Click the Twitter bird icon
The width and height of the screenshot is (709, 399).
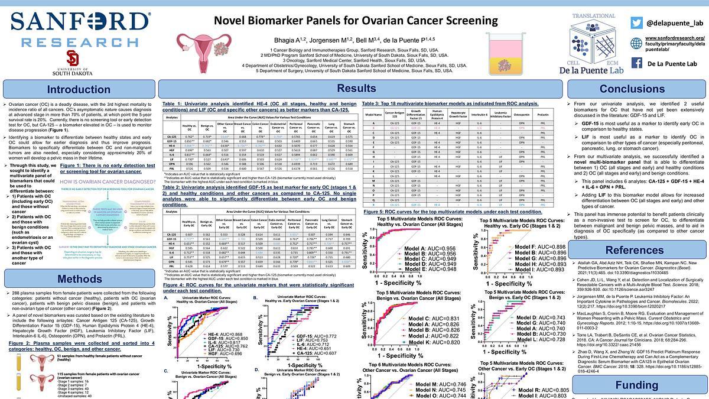(x=636, y=22)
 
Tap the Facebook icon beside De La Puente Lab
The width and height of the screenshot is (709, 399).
(x=636, y=63)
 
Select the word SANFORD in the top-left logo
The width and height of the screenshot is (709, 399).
(x=79, y=22)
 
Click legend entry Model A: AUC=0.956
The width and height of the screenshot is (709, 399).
(x=426, y=248)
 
